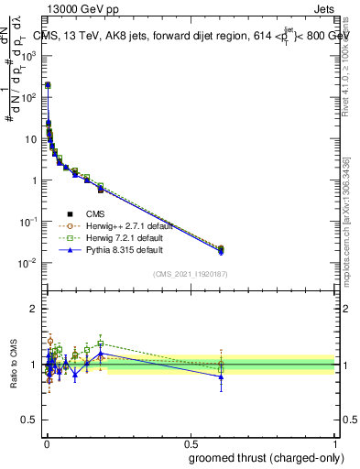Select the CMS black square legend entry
point(70,213)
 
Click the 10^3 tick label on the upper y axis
point(28,55)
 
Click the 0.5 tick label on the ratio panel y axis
point(30,420)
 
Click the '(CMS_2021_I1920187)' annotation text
point(189,274)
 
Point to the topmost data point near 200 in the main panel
point(48,85)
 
